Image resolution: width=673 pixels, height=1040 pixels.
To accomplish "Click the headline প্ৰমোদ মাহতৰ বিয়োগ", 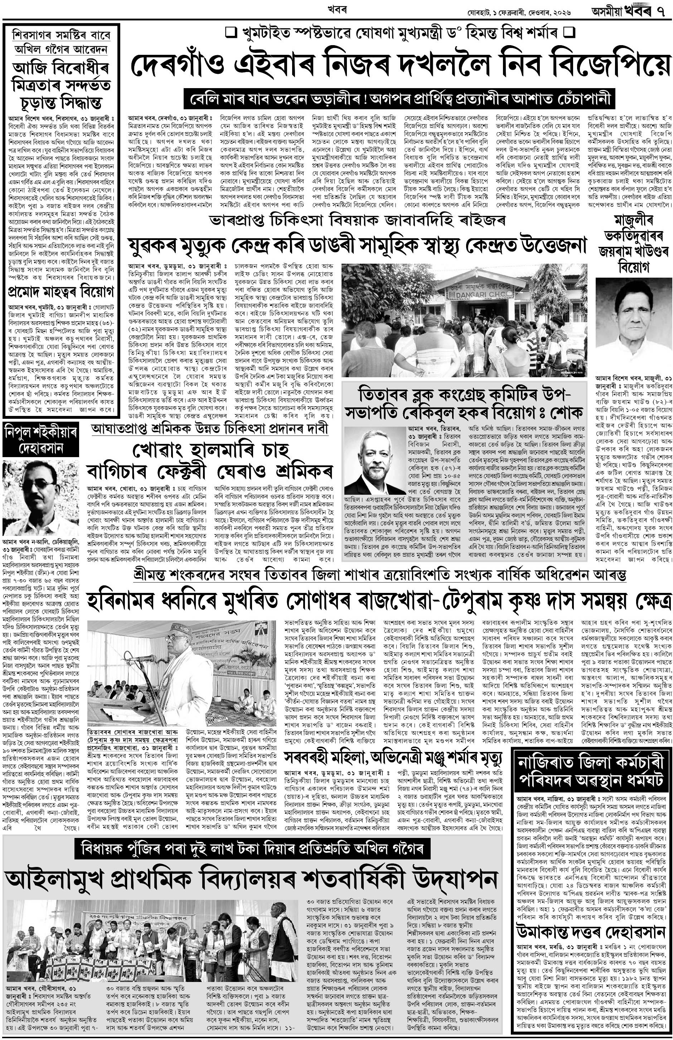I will [61, 291].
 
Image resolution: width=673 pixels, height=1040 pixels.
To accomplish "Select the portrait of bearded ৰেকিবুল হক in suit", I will [373, 461].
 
